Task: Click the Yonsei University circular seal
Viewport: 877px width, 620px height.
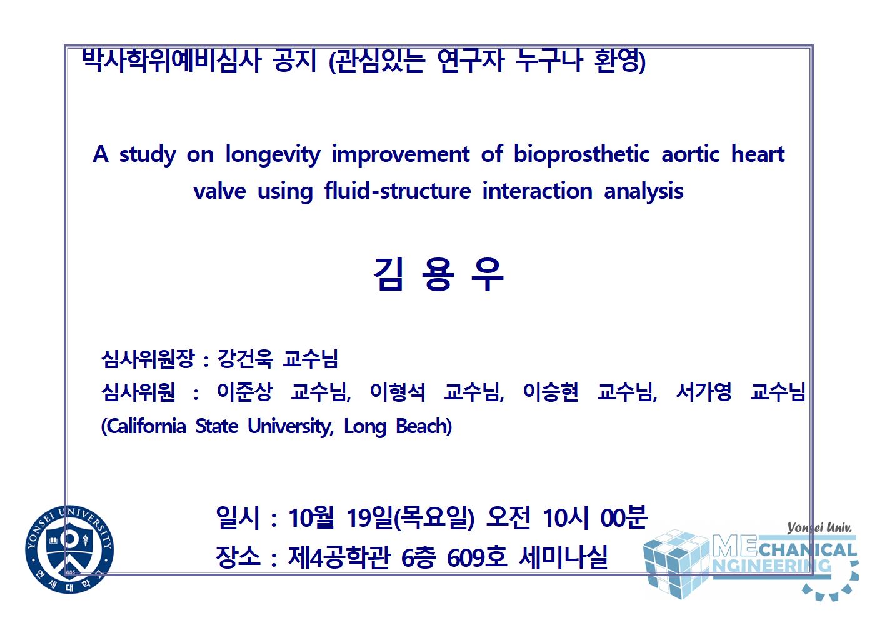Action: pyautogui.click(x=69, y=550)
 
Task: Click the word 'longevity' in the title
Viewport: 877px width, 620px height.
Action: pyautogui.click(x=273, y=154)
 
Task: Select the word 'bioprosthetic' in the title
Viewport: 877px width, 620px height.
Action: pyautogui.click(x=581, y=154)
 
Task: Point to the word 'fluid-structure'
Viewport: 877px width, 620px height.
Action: pyautogui.click(x=398, y=191)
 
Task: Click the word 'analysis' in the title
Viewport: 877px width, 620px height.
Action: pyautogui.click(x=643, y=192)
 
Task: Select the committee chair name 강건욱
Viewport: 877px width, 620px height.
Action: pyautogui.click(x=244, y=358)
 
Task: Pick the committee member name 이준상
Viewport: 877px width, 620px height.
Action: pyautogui.click(x=244, y=392)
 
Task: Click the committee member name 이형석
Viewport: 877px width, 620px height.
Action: pyautogui.click(x=398, y=392)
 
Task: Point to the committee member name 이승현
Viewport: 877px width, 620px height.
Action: pyautogui.click(x=551, y=392)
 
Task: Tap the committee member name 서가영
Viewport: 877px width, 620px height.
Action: pyautogui.click(x=704, y=392)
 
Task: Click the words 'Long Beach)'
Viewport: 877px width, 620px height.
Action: pyautogui.click(x=398, y=426)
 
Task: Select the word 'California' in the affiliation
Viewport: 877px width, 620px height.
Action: pyautogui.click(x=143, y=426)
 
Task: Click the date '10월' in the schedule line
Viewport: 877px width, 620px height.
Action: pyautogui.click(x=311, y=517)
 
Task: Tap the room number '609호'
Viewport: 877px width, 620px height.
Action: pyautogui.click(x=477, y=557)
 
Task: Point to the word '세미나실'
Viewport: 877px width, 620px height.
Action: pyautogui.click(x=563, y=557)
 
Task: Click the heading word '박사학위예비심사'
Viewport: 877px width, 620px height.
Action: pyautogui.click(x=171, y=61)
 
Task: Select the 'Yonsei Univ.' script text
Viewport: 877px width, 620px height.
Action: pyautogui.click(x=819, y=528)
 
